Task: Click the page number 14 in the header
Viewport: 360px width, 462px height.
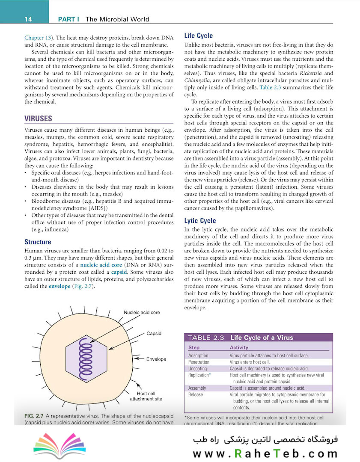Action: point(29,19)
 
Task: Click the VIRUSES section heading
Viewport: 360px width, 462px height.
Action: point(38,118)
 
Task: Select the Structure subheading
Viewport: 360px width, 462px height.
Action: point(38,242)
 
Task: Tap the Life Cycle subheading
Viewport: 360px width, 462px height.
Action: point(198,36)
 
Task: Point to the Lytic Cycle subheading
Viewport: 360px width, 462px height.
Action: point(200,221)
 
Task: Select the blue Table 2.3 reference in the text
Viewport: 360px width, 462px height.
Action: point(271,88)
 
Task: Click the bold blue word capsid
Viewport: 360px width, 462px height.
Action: point(119,272)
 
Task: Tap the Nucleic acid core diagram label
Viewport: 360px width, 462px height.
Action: point(142,312)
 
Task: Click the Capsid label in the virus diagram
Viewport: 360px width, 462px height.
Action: point(154,333)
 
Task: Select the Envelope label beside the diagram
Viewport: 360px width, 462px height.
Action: point(156,359)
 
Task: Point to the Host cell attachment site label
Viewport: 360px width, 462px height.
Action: point(146,396)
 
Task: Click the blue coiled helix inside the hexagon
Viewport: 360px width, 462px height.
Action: point(84,358)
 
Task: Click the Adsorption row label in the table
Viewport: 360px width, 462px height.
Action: point(198,355)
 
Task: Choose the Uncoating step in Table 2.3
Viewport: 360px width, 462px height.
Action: point(197,368)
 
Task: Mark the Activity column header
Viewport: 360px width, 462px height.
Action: point(239,348)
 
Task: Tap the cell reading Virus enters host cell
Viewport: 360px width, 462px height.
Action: point(250,362)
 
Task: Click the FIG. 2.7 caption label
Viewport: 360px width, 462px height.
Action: point(33,416)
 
